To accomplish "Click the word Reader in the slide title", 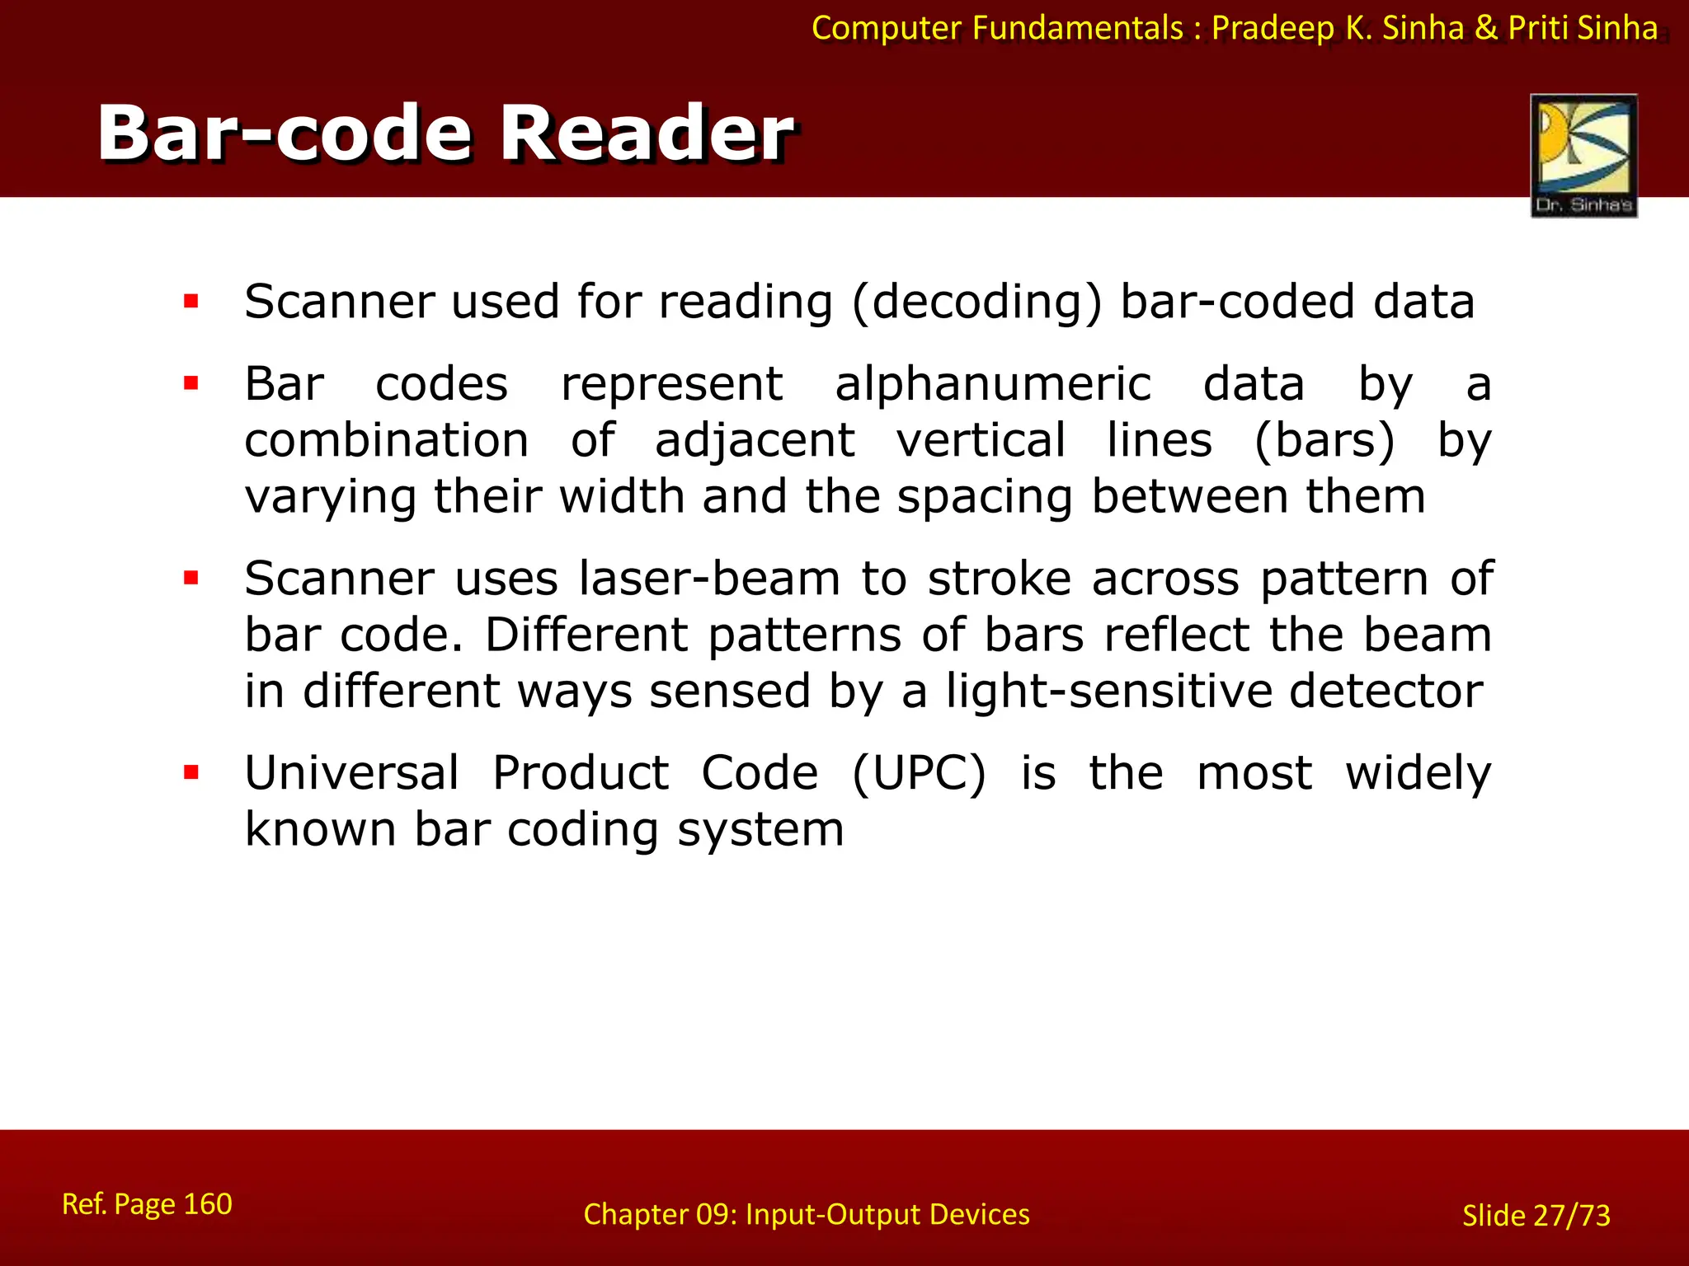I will (647, 134).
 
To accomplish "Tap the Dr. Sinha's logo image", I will (1583, 155).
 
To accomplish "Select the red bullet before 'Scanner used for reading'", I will (192, 302).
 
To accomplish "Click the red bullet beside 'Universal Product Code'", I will (192, 773).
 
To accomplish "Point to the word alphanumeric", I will (992, 385).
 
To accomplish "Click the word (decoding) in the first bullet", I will (976, 302).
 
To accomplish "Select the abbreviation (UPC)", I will (919, 774).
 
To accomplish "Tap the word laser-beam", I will (709, 579).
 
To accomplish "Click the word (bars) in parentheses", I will (1324, 440).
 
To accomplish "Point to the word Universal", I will (352, 774).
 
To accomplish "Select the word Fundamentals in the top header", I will (1078, 29).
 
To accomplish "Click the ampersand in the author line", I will (1486, 29).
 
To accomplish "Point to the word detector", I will (1386, 691).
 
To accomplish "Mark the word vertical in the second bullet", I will (981, 440).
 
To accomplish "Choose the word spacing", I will (985, 498).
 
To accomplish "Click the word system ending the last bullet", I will (760, 830).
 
